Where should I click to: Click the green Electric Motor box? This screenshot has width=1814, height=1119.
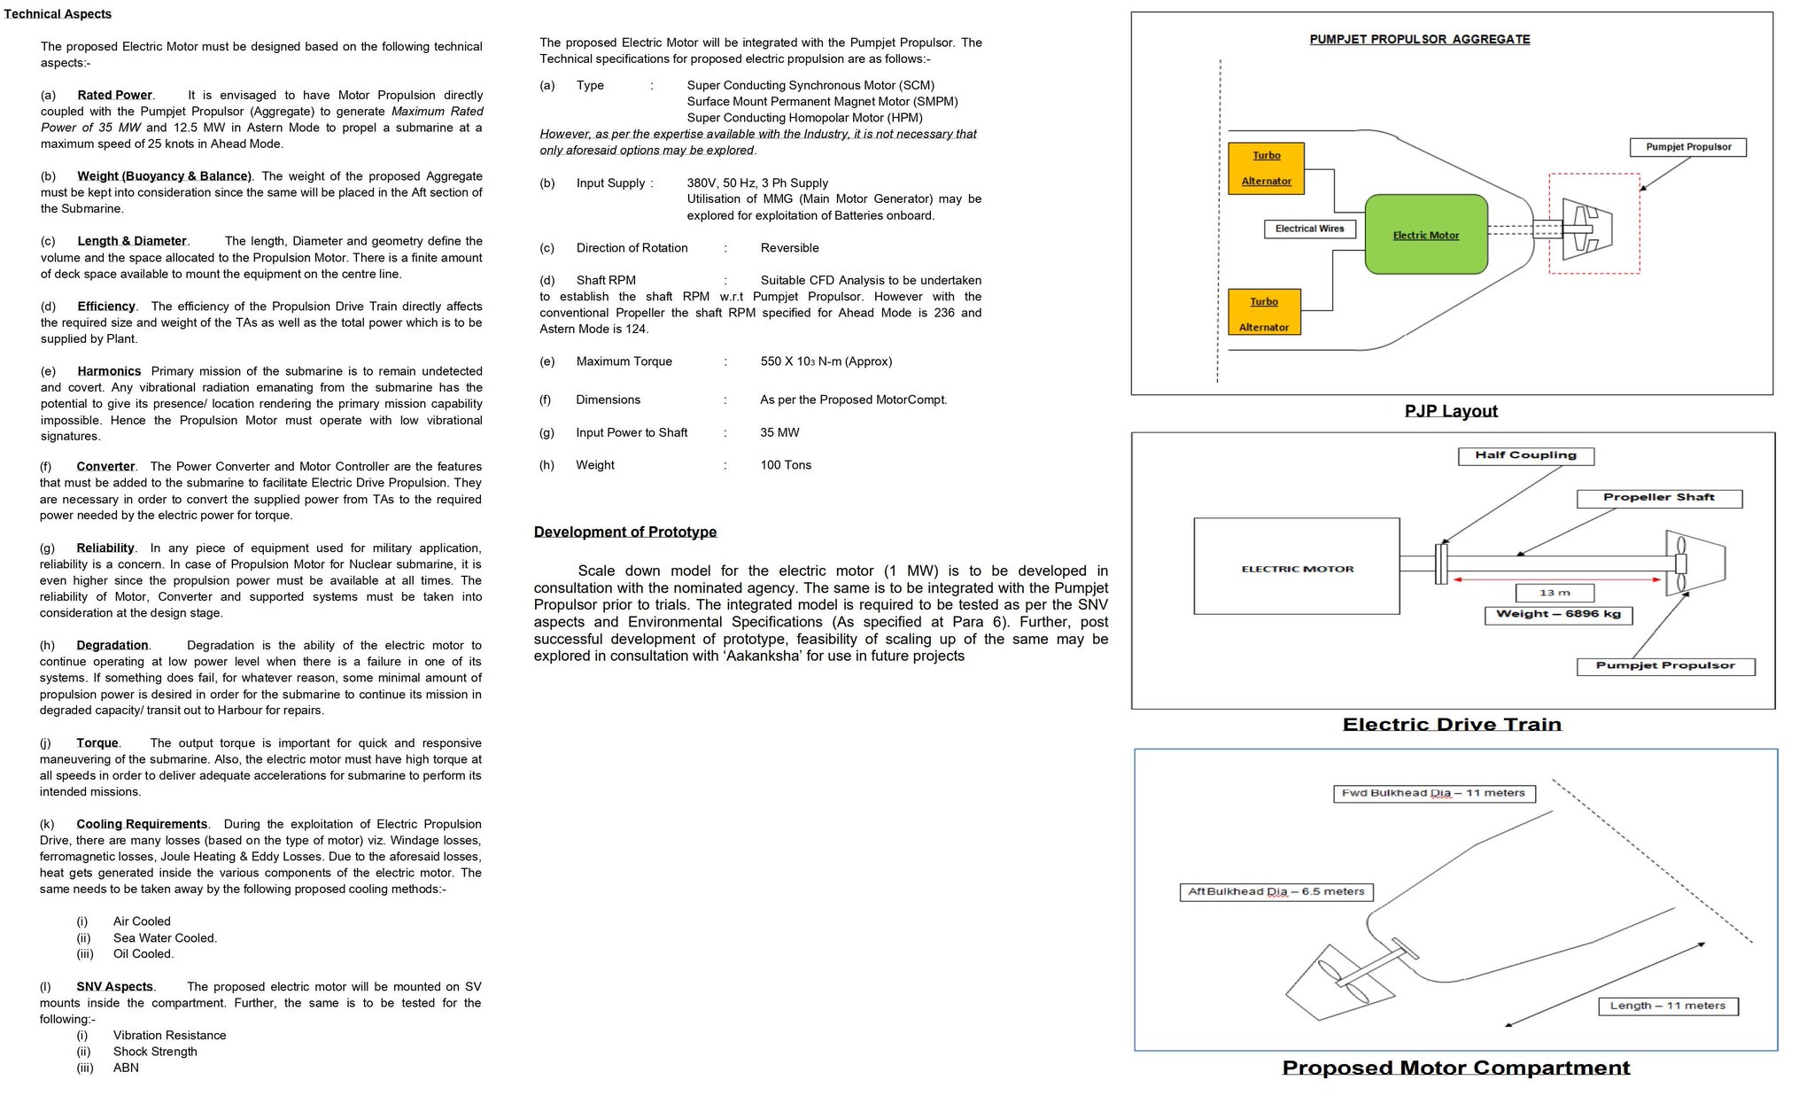[1425, 234]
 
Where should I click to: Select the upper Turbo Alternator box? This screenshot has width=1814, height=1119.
[1266, 167]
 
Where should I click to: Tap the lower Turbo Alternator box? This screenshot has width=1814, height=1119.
[1264, 314]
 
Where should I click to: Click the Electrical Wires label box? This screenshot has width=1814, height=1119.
[1309, 229]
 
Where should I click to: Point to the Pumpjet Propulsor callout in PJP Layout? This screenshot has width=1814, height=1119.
[1687, 147]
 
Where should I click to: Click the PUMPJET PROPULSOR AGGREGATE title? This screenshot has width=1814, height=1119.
[1419, 39]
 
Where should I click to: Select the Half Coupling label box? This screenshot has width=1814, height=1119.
[1525, 455]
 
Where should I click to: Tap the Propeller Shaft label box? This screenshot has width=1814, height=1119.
[1658, 498]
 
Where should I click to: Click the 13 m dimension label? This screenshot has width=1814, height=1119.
[1554, 593]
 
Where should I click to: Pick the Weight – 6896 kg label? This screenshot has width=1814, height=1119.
[1558, 614]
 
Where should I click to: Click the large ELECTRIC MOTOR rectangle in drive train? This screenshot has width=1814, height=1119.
[1297, 567]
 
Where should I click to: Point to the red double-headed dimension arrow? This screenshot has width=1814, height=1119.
[1556, 579]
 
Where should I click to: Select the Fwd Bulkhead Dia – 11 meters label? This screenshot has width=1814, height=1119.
[1433, 793]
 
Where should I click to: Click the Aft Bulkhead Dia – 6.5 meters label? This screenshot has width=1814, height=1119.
[1275, 891]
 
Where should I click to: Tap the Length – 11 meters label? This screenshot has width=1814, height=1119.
[1667, 1006]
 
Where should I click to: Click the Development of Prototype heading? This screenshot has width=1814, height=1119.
[624, 532]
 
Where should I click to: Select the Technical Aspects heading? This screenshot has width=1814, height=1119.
[58, 14]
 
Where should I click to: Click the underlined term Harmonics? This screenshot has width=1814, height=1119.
[109, 371]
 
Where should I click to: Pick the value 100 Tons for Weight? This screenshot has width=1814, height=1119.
[786, 465]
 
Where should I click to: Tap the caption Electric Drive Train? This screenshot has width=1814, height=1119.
[1452, 725]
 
